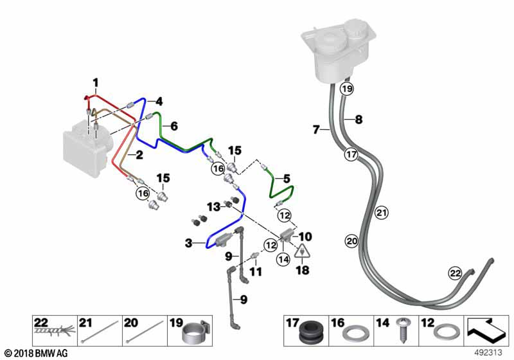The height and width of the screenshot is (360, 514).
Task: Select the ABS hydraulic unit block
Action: click(84, 152)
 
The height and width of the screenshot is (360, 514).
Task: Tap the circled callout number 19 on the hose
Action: click(347, 89)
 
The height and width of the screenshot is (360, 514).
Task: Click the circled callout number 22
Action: click(455, 273)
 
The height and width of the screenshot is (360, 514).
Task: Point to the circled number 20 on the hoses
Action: click(351, 241)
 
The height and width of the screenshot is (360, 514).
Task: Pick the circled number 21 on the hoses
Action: click(381, 212)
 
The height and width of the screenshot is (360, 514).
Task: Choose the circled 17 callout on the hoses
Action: click(350, 154)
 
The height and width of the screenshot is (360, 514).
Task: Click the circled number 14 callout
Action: click(283, 259)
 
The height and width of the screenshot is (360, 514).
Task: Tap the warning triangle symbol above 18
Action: click(300, 253)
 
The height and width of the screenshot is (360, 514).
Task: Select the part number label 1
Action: click(95, 82)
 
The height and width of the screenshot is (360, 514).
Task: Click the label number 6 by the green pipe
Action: click(173, 126)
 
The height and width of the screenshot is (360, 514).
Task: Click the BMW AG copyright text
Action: click(35, 352)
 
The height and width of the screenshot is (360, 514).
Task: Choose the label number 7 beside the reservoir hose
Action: click(316, 130)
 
